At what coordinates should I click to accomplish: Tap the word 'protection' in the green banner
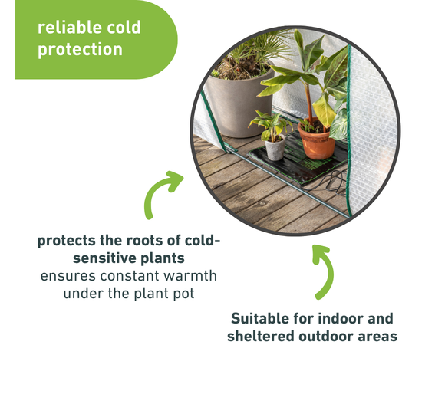coord(80,50)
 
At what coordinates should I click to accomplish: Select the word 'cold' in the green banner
coord(124,28)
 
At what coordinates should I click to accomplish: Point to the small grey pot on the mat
coord(275,147)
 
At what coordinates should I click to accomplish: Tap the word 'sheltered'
coord(261,337)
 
